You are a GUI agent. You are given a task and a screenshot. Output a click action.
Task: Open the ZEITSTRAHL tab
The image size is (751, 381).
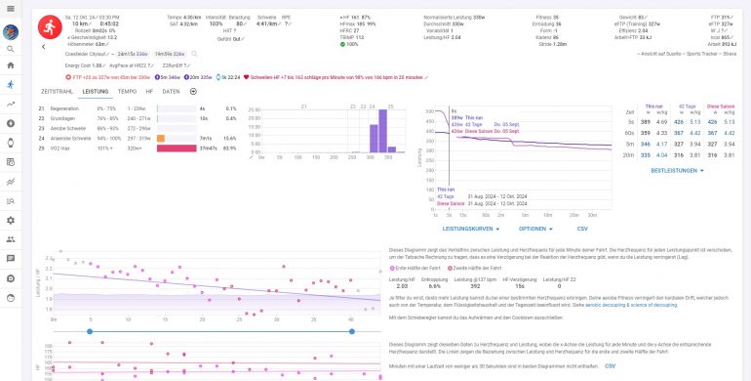[59, 91]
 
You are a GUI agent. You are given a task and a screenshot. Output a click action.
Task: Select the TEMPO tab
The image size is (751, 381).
[127, 91]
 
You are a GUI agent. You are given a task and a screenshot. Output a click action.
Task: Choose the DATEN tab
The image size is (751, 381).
[171, 91]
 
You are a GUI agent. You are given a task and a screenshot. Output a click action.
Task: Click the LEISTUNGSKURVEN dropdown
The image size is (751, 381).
[470, 228]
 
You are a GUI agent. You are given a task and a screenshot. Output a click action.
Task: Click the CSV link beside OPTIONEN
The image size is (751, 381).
[582, 228]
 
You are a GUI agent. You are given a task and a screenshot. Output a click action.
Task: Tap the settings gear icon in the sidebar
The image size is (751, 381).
[11, 220]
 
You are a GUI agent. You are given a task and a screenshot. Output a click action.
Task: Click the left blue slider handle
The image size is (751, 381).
[90, 331]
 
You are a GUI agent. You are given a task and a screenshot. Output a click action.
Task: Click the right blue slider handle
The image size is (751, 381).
[347, 331]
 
